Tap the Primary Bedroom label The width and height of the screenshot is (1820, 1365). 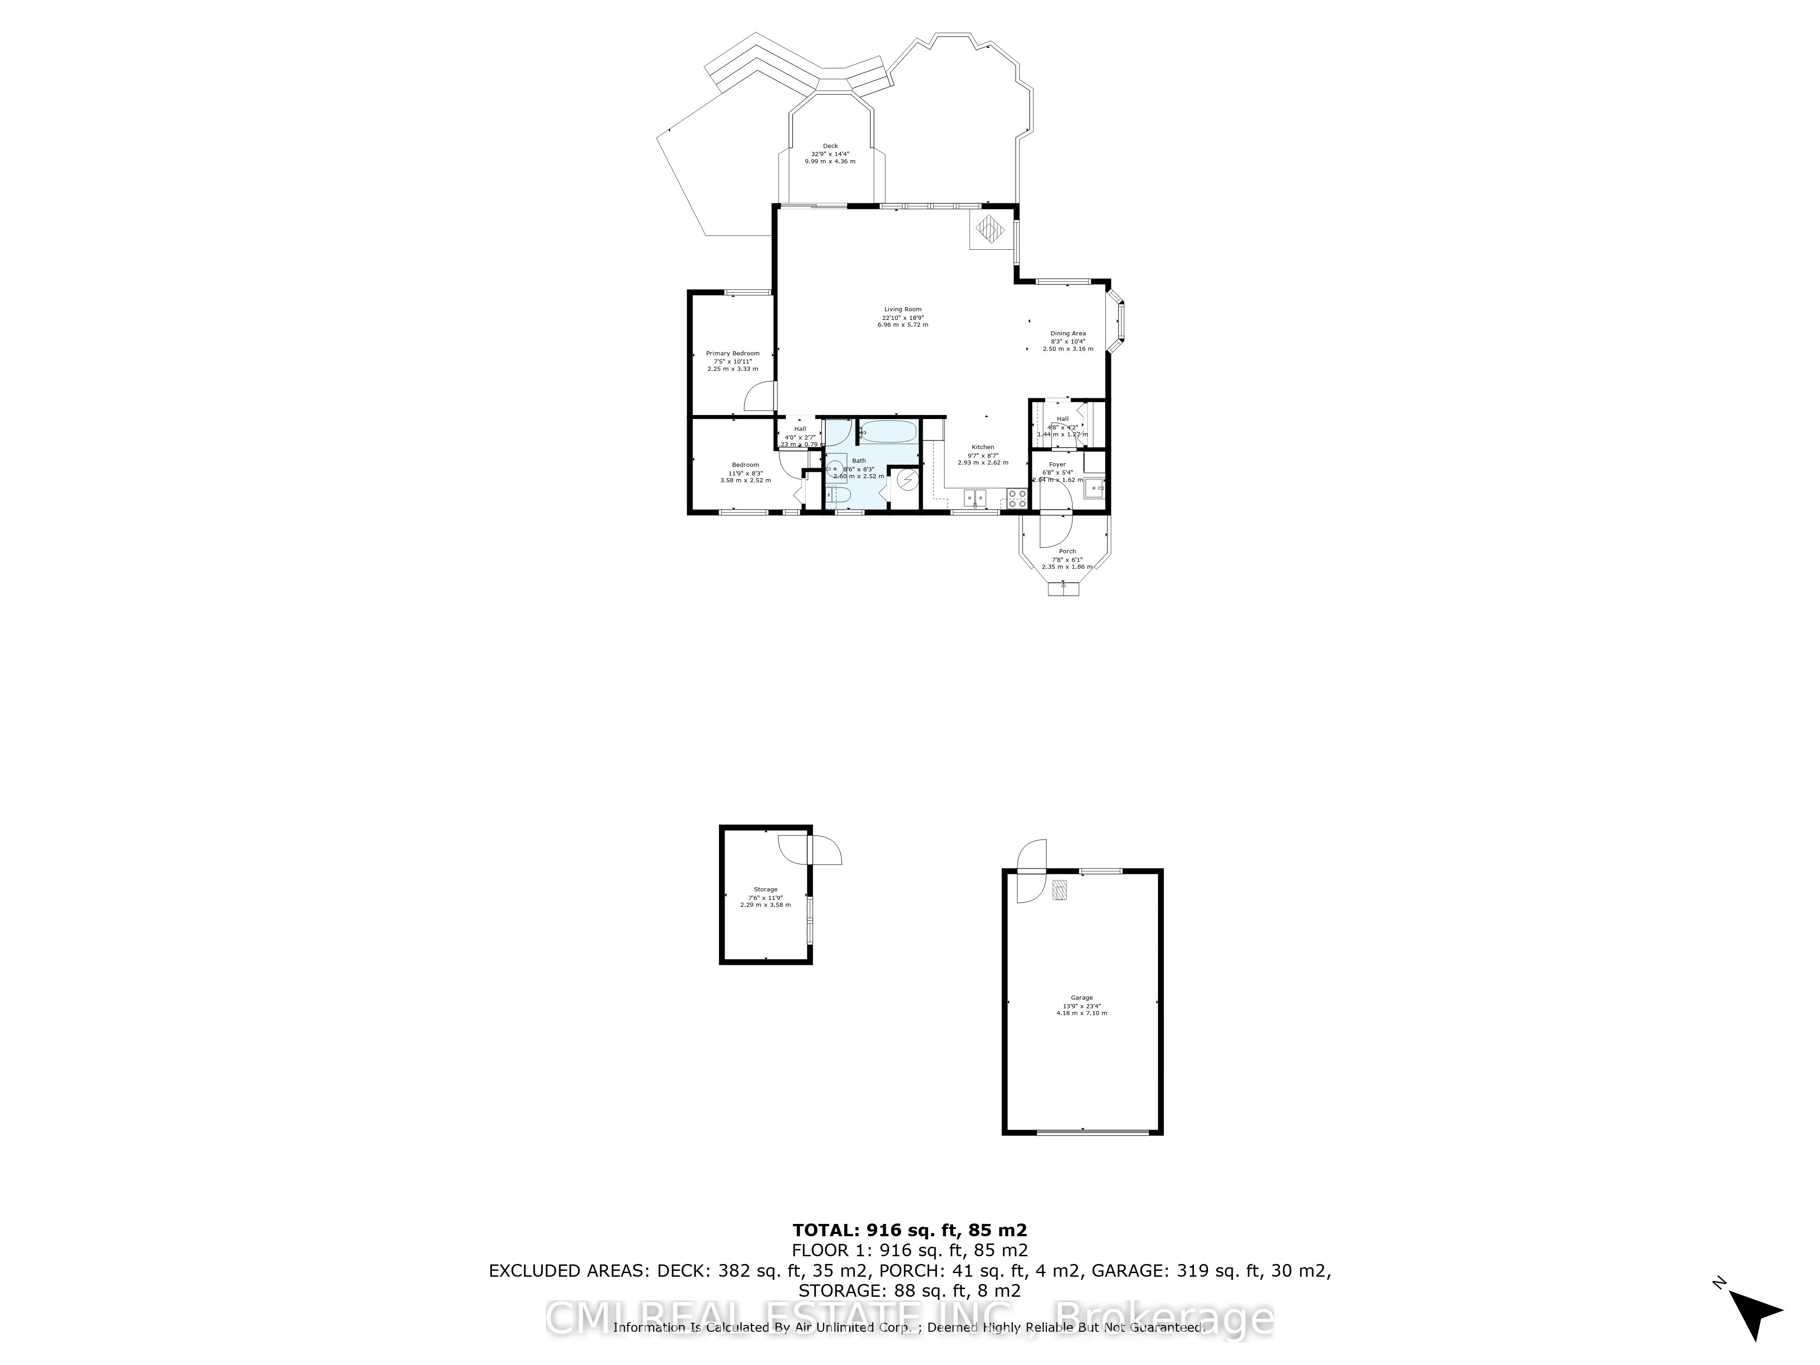coord(732,353)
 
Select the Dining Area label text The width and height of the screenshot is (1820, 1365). coord(1068,333)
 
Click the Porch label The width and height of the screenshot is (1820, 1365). coord(1067,551)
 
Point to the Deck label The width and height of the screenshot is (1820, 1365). coord(830,146)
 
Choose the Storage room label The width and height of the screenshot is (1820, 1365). coord(765,890)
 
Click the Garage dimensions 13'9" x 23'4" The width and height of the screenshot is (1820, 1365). coord(1081,1006)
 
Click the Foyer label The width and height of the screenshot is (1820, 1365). coord(1057,464)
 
